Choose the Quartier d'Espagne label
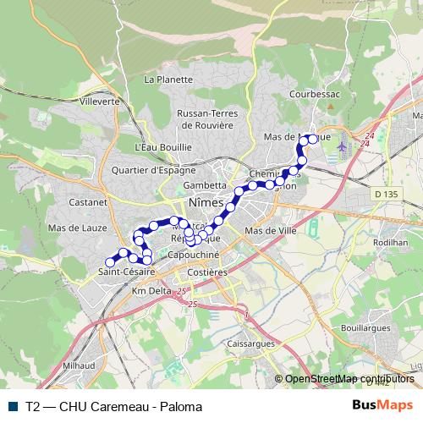pyautogui.click(x=160, y=169)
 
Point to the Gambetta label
pyautogui.click(x=206, y=184)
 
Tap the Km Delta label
pyautogui.click(x=151, y=290)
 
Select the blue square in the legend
pyautogui.click(x=16, y=405)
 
